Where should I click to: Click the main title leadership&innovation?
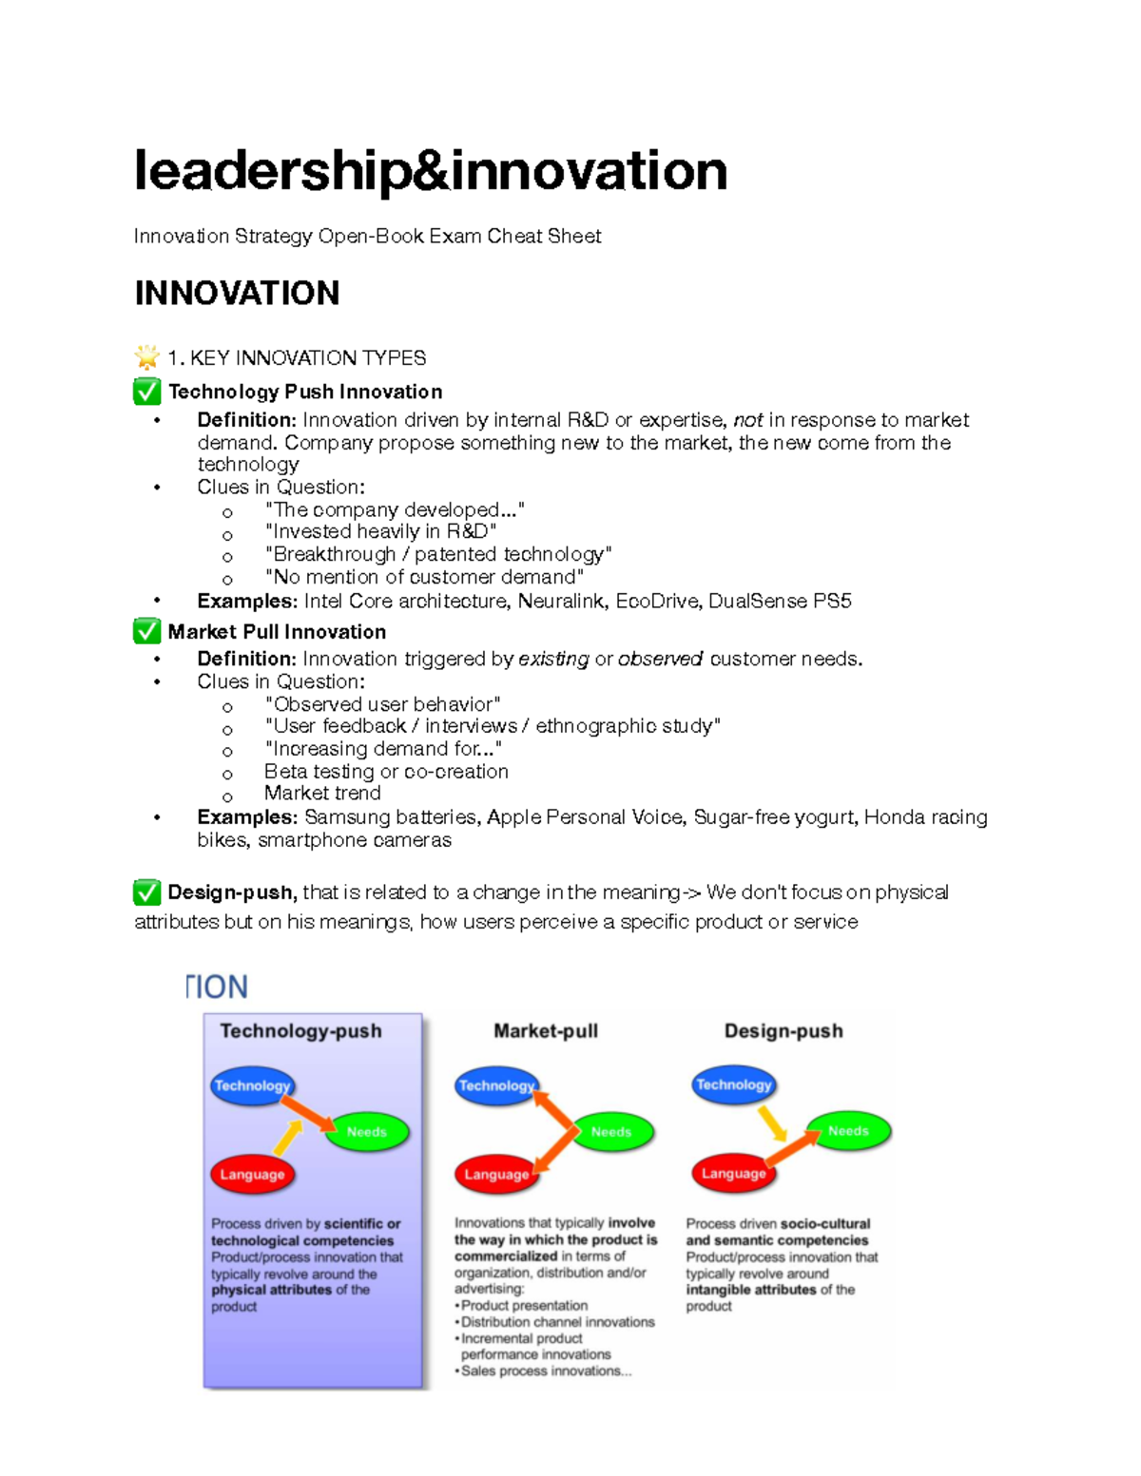point(431,171)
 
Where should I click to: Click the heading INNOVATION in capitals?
point(237,294)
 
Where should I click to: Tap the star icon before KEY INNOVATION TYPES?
point(147,357)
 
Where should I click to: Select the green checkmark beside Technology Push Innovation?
point(147,392)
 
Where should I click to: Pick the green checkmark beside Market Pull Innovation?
point(147,631)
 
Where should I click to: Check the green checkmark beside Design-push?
point(147,892)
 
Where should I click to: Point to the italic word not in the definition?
point(747,420)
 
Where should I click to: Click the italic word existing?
point(553,659)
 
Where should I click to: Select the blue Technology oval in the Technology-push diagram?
point(252,1086)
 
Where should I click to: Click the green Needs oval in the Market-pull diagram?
point(611,1132)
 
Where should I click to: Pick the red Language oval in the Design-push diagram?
point(733,1174)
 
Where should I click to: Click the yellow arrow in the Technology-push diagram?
point(288,1137)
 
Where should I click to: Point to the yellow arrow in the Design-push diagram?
point(772,1123)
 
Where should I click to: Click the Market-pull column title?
point(546,1031)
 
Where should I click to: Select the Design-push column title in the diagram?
point(783,1031)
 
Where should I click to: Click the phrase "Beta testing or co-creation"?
point(386,772)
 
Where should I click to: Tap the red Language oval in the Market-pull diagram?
point(495,1175)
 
